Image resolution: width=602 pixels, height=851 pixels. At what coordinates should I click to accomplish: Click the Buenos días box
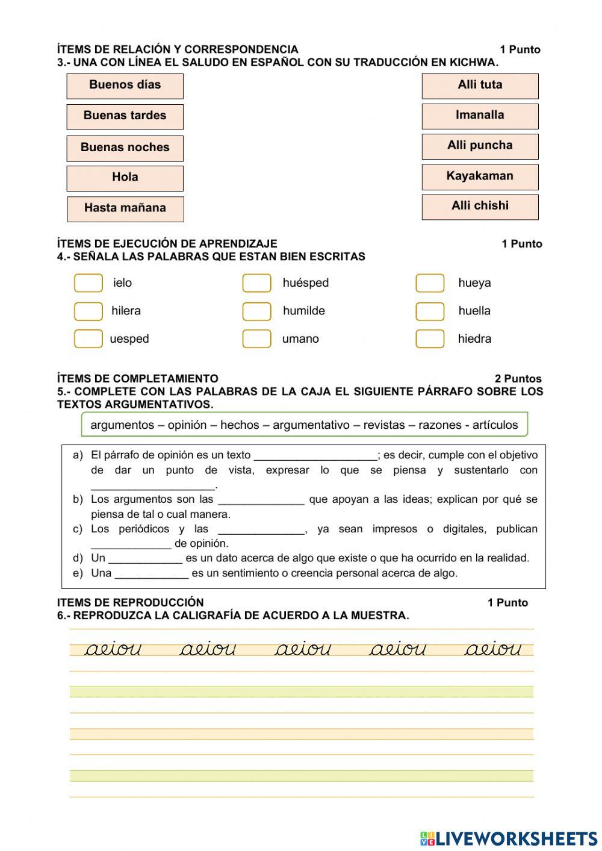click(125, 86)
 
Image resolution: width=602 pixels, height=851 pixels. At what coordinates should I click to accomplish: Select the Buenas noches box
click(125, 148)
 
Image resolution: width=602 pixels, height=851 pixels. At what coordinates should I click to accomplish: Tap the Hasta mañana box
click(125, 209)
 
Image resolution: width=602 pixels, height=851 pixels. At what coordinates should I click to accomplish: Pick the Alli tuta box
click(480, 86)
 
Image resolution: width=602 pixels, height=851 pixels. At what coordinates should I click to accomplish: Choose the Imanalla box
click(480, 116)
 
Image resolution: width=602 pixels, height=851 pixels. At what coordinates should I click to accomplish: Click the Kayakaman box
click(480, 177)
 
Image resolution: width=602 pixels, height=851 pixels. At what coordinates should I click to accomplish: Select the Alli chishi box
click(480, 207)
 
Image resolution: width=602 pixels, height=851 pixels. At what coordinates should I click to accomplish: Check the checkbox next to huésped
click(256, 283)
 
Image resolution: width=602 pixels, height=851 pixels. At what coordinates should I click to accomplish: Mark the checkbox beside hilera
click(88, 311)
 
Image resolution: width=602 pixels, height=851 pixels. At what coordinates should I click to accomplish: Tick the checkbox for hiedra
click(430, 339)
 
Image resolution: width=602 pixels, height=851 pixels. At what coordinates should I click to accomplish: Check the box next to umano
click(256, 339)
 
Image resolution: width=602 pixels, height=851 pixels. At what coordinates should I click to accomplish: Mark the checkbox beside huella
click(430, 311)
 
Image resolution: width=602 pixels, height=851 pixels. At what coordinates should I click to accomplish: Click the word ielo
click(122, 283)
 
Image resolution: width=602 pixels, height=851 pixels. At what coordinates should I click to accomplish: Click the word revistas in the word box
click(384, 425)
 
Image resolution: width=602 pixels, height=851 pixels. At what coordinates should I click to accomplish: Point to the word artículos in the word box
click(495, 425)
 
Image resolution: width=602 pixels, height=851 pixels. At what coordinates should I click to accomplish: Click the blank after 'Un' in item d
click(145, 559)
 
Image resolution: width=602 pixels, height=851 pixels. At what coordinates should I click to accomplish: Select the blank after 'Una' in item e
click(151, 574)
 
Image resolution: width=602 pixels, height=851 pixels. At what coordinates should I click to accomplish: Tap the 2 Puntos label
click(518, 379)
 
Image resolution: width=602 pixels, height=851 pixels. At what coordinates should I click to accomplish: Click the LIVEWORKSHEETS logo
click(509, 838)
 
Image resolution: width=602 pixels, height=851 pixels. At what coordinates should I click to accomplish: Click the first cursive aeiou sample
click(113, 649)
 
